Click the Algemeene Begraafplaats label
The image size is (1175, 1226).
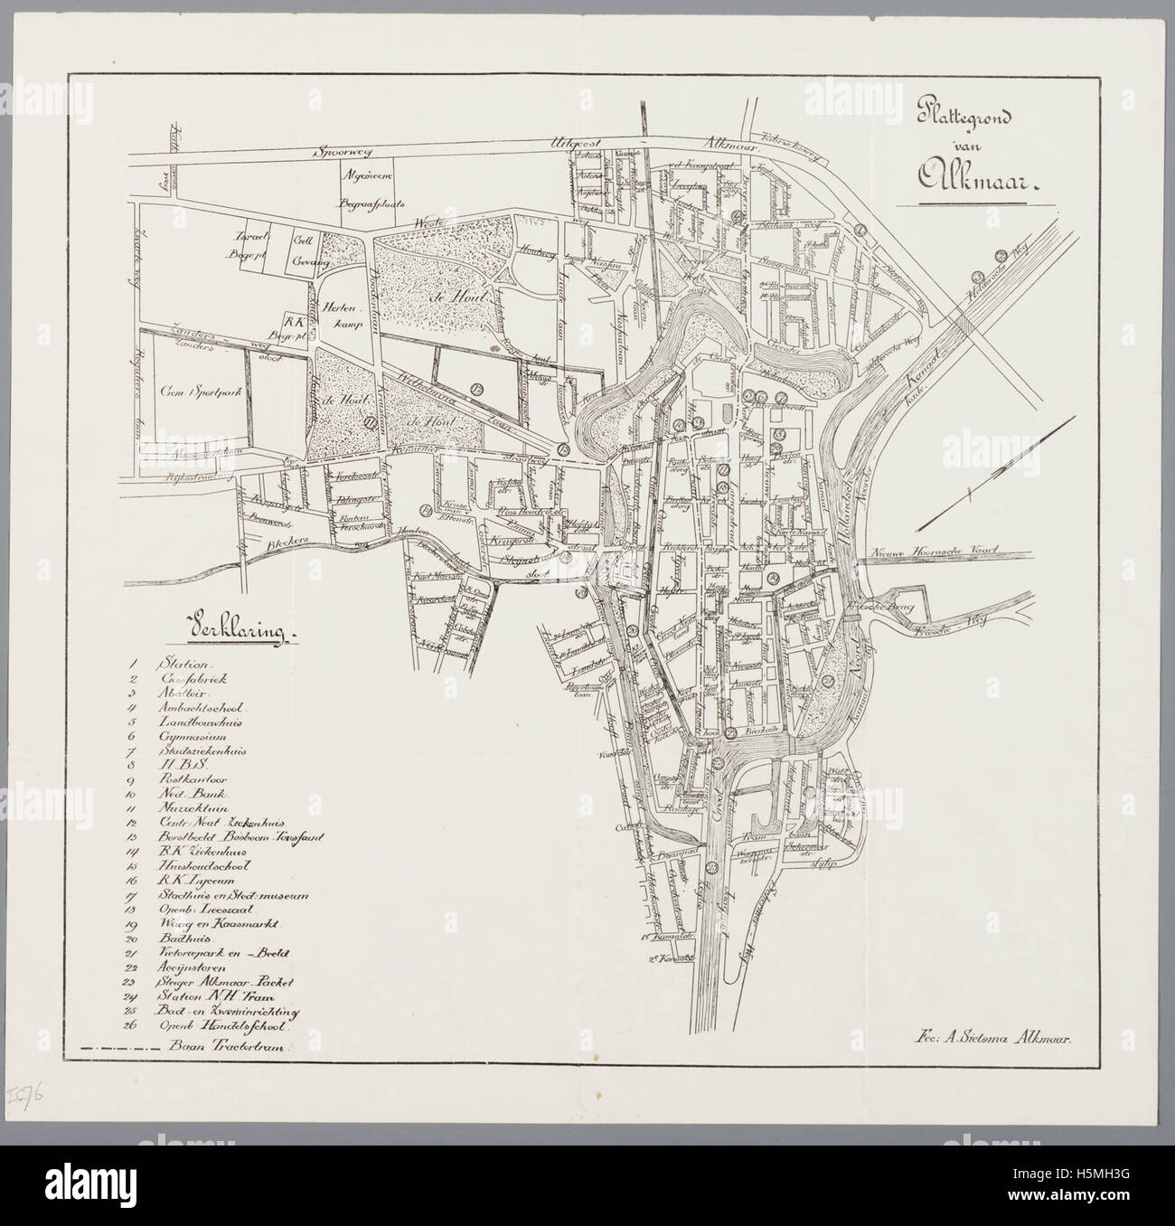click(363, 191)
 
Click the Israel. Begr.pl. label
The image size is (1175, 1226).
click(251, 247)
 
